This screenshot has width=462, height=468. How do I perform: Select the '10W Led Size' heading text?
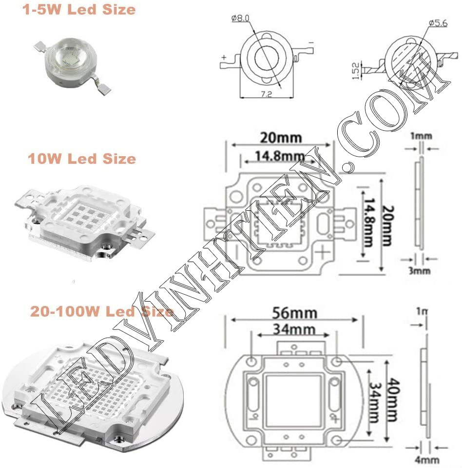pyautogui.click(x=82, y=159)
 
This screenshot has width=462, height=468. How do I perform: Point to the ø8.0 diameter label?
pyautogui.click(x=241, y=19)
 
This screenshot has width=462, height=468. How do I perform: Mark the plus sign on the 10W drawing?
pyautogui.click(x=323, y=253)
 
